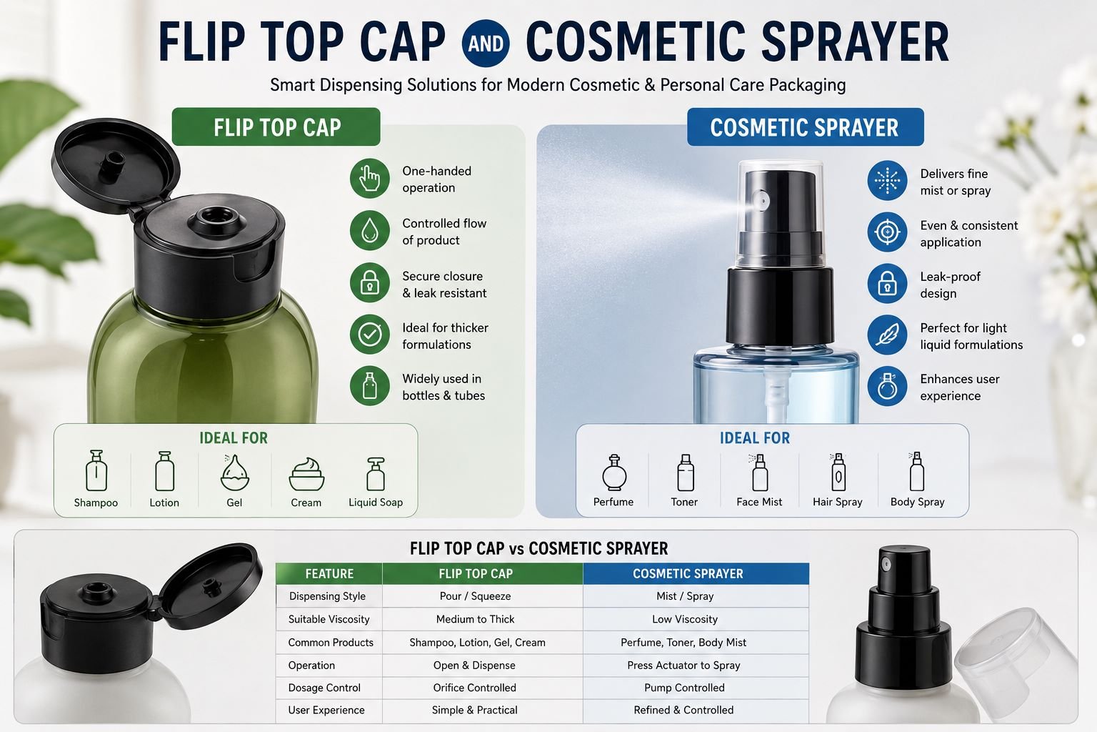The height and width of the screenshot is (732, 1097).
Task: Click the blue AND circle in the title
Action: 486,43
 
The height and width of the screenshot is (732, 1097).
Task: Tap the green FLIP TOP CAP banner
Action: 276,127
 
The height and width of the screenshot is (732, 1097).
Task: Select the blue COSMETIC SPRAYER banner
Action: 805,127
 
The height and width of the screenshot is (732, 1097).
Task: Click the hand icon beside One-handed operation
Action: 370,179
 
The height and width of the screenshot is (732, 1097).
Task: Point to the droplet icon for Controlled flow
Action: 370,230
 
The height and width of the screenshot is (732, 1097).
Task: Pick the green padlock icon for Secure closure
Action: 370,283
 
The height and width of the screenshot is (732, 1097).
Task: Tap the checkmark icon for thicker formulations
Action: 370,335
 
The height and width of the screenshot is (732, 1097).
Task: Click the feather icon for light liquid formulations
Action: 887,335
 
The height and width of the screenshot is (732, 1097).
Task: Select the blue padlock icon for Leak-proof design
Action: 887,283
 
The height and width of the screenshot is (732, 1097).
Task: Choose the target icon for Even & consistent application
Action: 887,232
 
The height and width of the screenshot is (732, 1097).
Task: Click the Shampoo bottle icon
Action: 96,470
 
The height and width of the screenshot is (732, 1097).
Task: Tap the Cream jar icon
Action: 306,474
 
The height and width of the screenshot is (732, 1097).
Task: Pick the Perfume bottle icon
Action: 614,472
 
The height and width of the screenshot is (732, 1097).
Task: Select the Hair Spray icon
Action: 838,472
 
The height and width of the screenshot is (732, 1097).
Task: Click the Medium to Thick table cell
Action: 475,619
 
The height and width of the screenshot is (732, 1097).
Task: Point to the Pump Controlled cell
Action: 684,688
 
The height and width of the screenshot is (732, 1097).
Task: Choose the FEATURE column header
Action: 329,573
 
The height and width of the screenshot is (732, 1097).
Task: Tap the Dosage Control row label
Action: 324,688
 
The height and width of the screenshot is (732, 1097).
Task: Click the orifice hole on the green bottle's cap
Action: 214,216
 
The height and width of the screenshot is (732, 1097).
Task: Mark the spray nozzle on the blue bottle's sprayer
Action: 761,200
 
